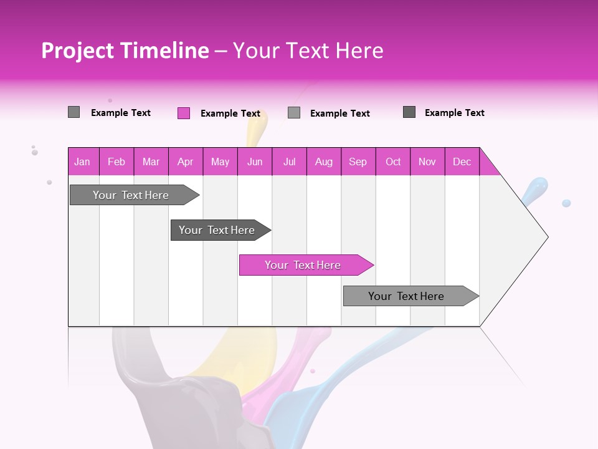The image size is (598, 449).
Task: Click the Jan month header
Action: point(83,162)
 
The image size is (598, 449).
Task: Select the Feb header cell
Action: point(116,162)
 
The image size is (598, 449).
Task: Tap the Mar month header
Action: point(151,162)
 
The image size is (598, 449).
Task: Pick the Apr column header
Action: point(186,162)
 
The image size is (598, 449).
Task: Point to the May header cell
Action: point(220,162)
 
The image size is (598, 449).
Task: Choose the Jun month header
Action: point(255,162)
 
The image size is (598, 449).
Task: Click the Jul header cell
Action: point(289,162)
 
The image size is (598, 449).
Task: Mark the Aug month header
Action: point(324,162)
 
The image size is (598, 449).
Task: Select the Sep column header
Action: point(358,162)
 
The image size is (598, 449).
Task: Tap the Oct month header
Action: point(393,162)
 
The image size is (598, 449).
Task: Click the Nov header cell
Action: point(427,162)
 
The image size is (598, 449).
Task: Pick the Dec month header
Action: point(462,162)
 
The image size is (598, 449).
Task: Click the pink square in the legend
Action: point(184,113)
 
